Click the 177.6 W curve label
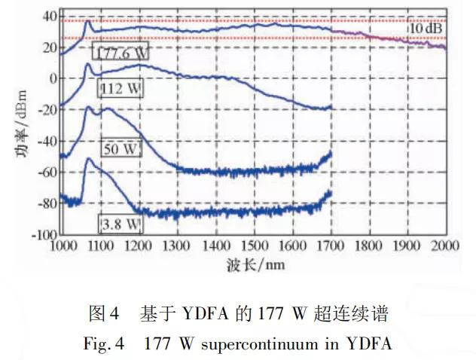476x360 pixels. tap(121, 52)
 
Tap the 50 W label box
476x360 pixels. tap(121, 148)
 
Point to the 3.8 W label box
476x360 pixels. tap(121, 224)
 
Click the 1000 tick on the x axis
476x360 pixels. tap(60, 246)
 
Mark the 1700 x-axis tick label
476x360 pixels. tap(331, 246)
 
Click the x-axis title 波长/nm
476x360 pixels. tap(254, 265)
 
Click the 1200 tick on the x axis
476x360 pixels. tap(137, 246)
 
